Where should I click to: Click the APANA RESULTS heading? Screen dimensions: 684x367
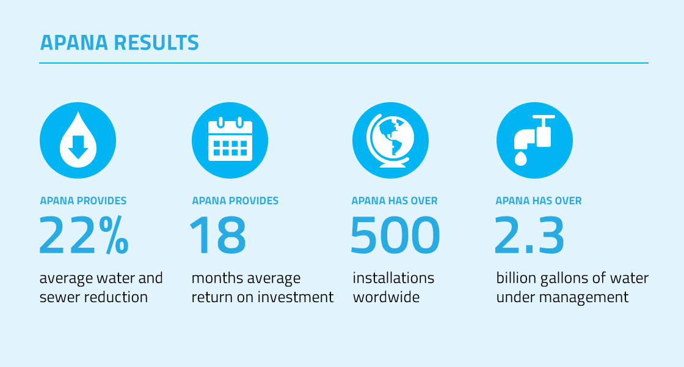120,43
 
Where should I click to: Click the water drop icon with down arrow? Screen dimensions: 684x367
78,140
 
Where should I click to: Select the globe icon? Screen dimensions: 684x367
390,140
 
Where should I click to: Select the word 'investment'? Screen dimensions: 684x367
296,297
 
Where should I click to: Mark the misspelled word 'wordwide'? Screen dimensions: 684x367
386,297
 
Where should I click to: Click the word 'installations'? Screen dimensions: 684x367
393,278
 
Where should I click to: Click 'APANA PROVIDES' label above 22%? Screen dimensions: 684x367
83,201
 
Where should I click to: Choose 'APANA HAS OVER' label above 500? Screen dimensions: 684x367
395,201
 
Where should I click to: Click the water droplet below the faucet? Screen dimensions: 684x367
521,158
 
